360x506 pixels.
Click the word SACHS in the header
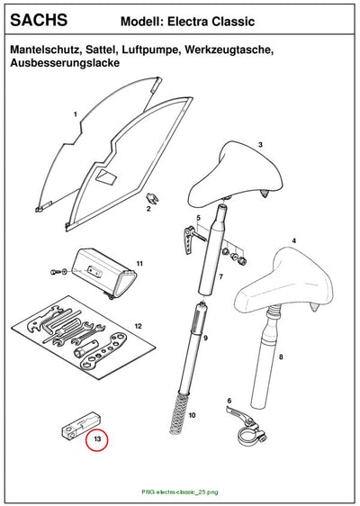(x=39, y=20)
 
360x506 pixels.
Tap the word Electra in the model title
(x=188, y=22)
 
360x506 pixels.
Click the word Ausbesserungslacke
(x=65, y=62)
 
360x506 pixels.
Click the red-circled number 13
(x=97, y=438)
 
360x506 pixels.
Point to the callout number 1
(x=76, y=114)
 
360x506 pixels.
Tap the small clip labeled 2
(x=152, y=198)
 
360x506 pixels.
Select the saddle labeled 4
(x=283, y=283)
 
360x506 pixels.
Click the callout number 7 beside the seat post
(x=221, y=276)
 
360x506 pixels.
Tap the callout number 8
(x=281, y=357)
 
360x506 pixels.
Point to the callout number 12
(x=138, y=326)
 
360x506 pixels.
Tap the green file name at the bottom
(x=180, y=492)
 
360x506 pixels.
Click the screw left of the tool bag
(x=54, y=272)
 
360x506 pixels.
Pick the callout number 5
(x=198, y=218)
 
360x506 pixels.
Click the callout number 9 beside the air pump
(x=206, y=338)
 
